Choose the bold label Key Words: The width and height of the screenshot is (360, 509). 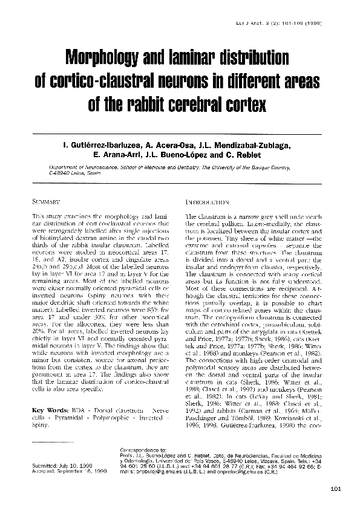[x=48, y=410]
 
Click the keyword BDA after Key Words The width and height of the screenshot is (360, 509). [x=78, y=410]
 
